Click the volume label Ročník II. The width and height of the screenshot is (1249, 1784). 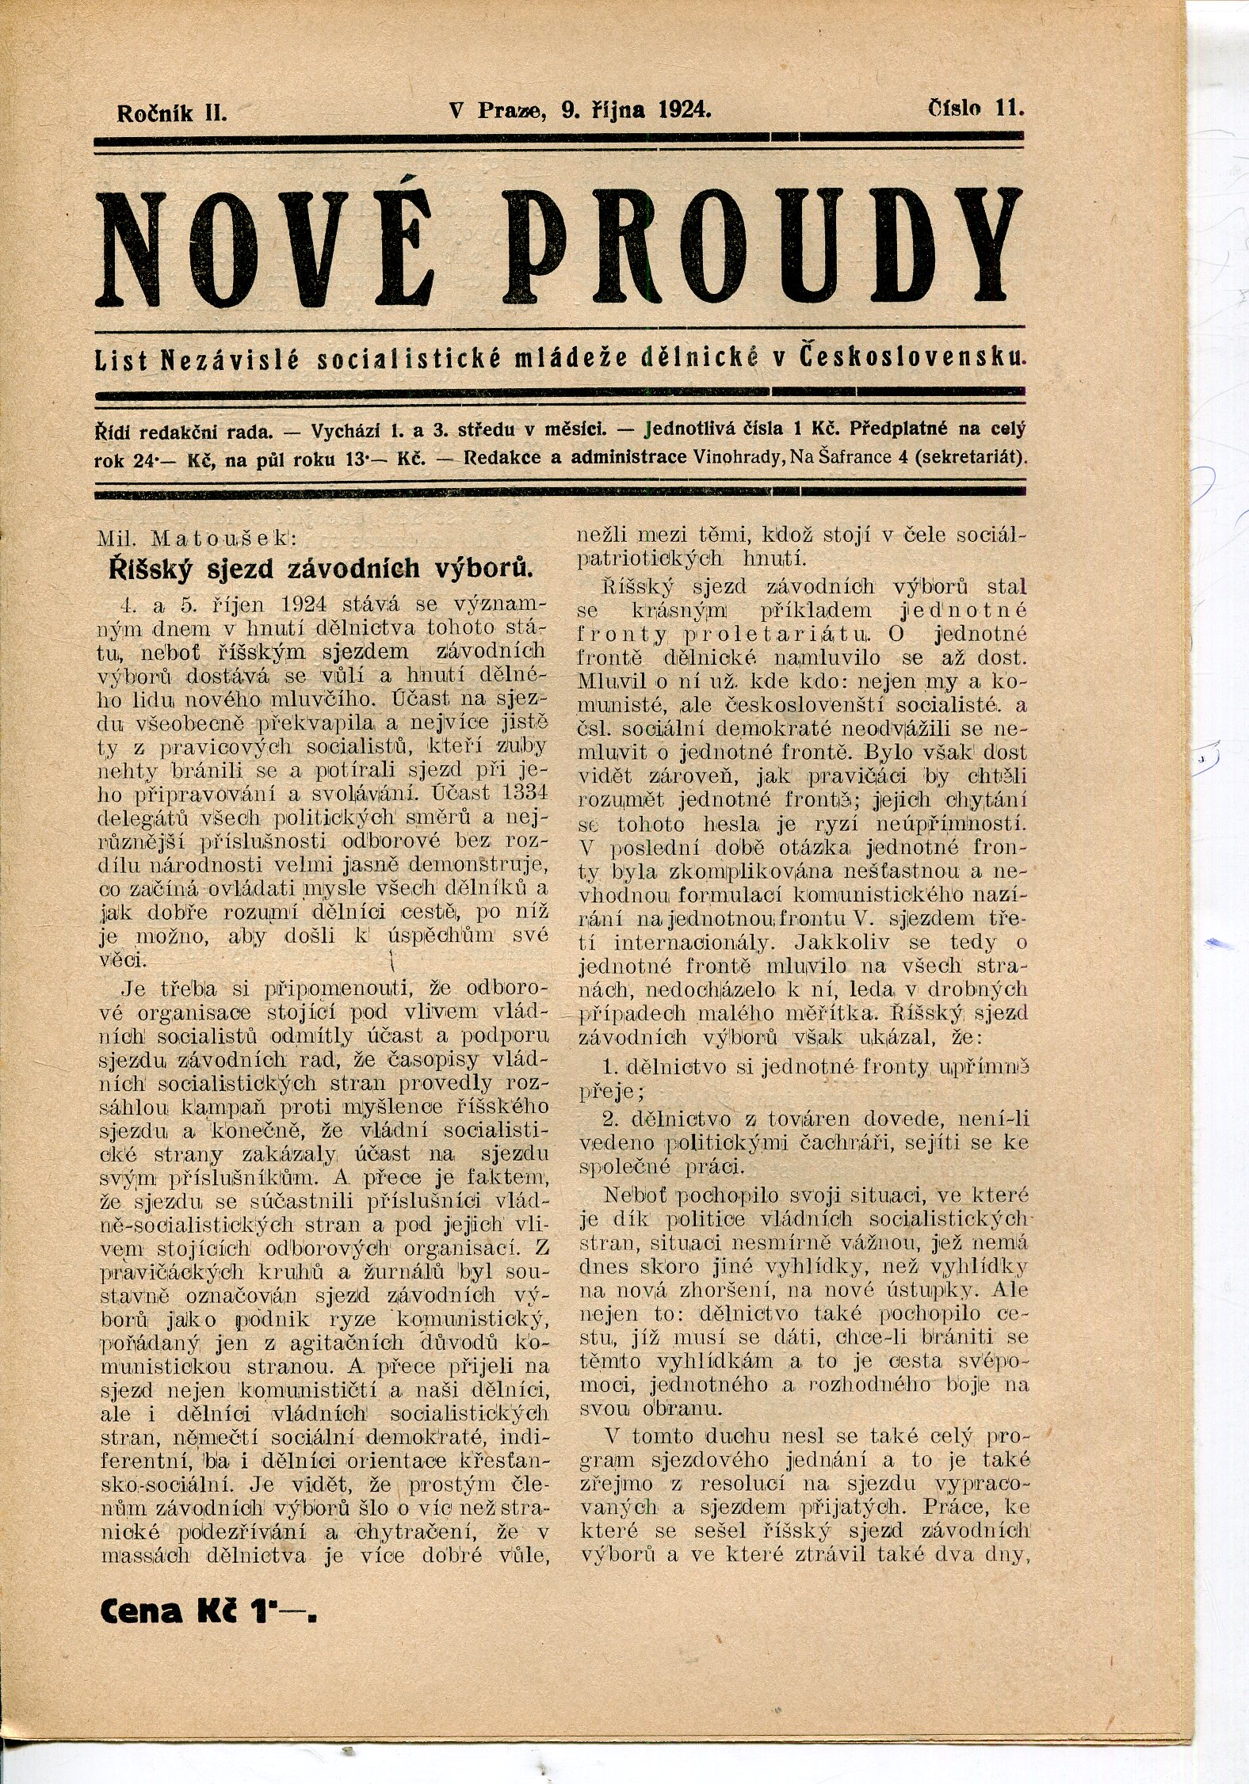pos(172,113)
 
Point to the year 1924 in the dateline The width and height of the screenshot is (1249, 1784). pos(684,111)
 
